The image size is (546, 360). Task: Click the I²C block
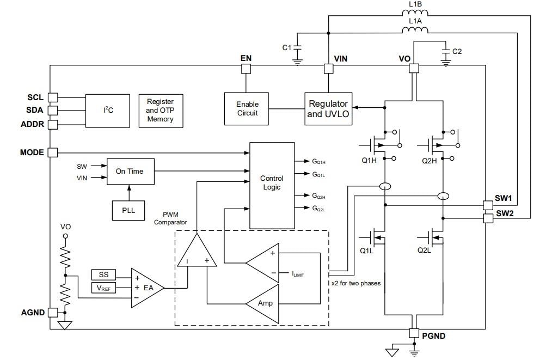[108, 110]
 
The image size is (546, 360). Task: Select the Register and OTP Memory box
[160, 110]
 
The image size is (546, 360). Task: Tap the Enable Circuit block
[247, 108]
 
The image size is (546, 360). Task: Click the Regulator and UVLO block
[328, 108]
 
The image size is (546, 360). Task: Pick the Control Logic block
[271, 185]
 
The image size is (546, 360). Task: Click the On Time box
[130, 171]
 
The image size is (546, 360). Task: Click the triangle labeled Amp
[265, 303]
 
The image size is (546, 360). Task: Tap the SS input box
[103, 276]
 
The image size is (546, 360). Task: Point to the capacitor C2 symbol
[446, 51]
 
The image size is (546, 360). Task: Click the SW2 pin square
[488, 218]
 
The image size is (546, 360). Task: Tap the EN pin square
[246, 69]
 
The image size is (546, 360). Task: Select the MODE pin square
[53, 152]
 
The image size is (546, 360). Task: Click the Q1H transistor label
[369, 161]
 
